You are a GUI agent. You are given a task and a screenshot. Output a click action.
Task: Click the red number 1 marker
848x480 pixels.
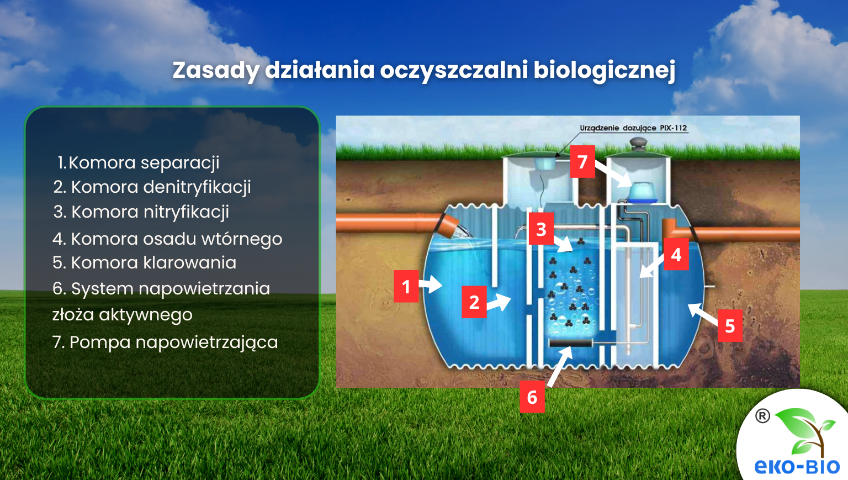point(406,286)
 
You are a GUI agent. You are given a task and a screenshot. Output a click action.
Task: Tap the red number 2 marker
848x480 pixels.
point(474,302)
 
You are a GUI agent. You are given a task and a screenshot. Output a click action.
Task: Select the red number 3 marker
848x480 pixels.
point(541,229)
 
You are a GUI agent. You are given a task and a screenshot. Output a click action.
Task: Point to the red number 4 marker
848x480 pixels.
point(676,255)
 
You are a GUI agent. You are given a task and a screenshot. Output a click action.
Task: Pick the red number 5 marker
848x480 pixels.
point(729,326)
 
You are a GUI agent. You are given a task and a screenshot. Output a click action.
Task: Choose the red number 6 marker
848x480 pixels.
point(532,397)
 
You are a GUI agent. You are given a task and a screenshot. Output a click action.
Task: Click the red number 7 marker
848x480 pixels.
point(582,161)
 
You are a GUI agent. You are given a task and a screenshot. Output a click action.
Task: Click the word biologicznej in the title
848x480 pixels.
point(604,71)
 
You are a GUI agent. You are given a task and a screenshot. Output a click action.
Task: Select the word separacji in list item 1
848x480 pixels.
point(180,162)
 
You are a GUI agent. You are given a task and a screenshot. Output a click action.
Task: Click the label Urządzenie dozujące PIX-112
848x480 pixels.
point(633,128)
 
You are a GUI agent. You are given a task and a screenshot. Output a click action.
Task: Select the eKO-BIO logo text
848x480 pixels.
point(797,467)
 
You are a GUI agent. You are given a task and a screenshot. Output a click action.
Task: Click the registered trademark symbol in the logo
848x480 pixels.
point(762,416)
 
